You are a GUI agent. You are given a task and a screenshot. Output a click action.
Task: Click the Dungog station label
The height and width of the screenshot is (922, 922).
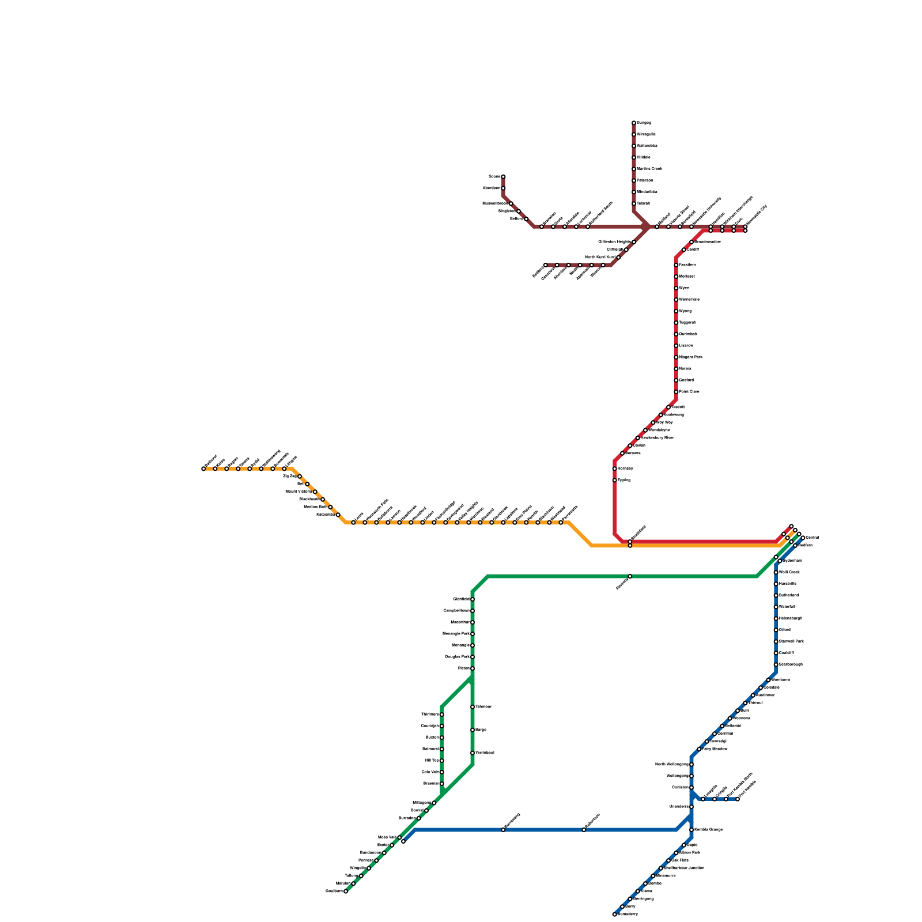(x=644, y=123)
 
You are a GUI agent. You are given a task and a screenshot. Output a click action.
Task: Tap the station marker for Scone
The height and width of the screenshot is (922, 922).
(x=503, y=177)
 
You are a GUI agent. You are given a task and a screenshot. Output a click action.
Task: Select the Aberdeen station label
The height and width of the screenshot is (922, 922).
(x=491, y=188)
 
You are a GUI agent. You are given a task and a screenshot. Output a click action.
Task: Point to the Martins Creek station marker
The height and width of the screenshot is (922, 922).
(x=634, y=169)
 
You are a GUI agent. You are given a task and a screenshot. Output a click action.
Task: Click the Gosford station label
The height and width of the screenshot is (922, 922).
(x=686, y=380)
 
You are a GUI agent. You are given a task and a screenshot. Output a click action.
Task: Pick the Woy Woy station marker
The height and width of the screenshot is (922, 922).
(x=653, y=423)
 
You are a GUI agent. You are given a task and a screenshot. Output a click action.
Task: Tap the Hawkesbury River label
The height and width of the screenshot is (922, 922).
(x=657, y=438)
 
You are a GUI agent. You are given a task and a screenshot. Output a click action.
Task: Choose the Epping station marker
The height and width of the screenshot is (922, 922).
(x=615, y=480)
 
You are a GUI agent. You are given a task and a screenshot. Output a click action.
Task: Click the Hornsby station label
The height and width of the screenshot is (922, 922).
(x=625, y=468)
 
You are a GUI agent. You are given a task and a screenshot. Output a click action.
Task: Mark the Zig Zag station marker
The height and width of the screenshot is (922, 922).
(x=300, y=477)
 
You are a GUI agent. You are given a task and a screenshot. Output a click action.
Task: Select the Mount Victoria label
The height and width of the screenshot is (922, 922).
(x=298, y=492)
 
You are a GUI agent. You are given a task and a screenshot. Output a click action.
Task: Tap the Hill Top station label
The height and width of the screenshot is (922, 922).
(x=432, y=761)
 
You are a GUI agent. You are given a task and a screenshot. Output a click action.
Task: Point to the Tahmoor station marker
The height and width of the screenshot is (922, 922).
(x=473, y=707)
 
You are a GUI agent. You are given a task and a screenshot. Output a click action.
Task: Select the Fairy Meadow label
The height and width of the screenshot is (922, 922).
(x=715, y=749)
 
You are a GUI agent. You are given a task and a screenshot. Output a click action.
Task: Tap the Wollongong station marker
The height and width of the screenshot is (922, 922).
(x=691, y=776)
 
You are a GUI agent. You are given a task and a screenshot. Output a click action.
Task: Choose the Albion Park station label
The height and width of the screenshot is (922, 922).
(x=690, y=853)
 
